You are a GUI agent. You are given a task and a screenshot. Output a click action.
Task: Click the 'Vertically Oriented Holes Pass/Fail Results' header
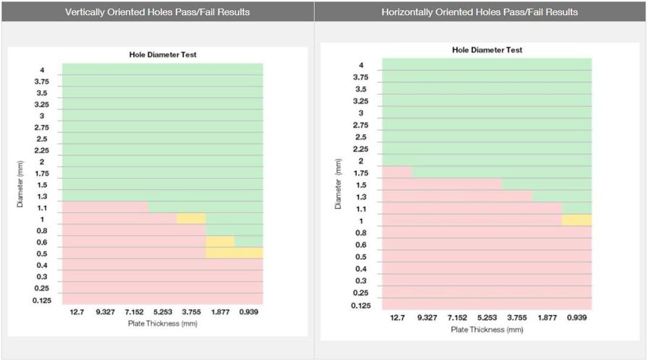pyautogui.click(x=157, y=12)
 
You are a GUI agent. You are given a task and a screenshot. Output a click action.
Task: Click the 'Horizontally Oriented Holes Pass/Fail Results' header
pyautogui.click(x=479, y=12)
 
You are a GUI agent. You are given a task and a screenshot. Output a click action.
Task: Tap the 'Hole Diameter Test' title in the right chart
pyautogui.click(x=487, y=50)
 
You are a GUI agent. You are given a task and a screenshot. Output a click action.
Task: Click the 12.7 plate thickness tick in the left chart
pyautogui.click(x=77, y=312)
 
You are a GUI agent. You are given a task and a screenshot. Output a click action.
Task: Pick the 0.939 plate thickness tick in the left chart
pyautogui.click(x=248, y=312)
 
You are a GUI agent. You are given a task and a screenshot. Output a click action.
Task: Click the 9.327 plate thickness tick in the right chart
pyautogui.click(x=427, y=317)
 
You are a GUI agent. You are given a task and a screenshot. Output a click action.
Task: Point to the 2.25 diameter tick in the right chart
pyautogui.click(x=360, y=149)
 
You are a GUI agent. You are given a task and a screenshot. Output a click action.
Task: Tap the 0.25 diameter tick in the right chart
pyautogui.click(x=360, y=293)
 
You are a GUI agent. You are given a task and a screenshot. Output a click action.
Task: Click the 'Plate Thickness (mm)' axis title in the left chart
pyautogui.click(x=163, y=323)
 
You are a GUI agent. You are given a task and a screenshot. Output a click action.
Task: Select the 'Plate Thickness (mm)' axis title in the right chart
pyautogui.click(x=487, y=330)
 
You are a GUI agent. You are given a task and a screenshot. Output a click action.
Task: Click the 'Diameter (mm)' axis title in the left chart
pyautogui.click(x=20, y=184)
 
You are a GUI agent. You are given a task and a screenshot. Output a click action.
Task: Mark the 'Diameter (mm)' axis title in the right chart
pyautogui.click(x=338, y=184)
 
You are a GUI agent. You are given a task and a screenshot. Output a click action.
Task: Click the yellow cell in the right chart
pyautogui.click(x=576, y=220)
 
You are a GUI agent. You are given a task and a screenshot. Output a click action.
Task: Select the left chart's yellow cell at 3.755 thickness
pyautogui.click(x=191, y=218)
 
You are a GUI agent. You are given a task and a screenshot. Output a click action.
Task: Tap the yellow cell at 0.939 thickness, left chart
pyautogui.click(x=248, y=253)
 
